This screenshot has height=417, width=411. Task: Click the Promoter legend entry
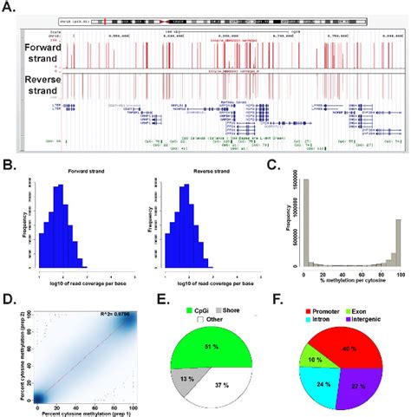pyautogui.click(x=323, y=306)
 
